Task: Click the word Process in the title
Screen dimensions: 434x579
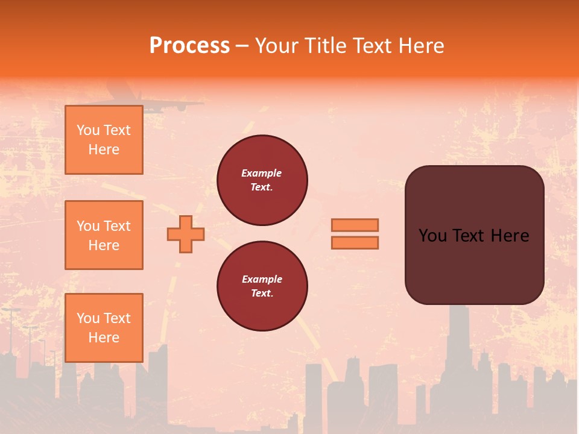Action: click(x=189, y=46)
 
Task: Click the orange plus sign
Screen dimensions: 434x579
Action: click(x=186, y=234)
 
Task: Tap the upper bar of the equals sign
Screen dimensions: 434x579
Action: click(x=355, y=225)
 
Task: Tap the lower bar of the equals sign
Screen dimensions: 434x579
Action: click(x=355, y=242)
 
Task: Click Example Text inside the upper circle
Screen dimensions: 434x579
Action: click(x=262, y=180)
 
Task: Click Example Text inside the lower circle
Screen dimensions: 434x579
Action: click(x=262, y=286)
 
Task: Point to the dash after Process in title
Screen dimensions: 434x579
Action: click(x=242, y=46)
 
